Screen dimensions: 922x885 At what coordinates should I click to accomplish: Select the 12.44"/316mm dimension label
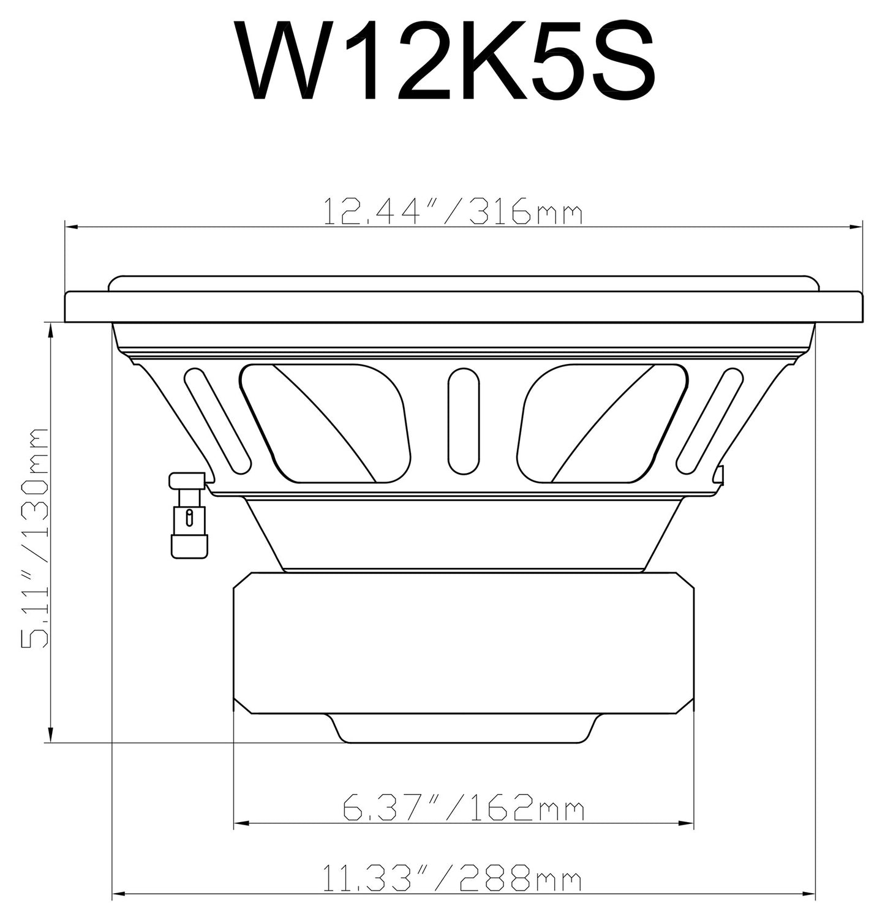[x=452, y=211]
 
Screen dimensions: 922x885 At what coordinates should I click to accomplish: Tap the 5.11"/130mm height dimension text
[x=35, y=539]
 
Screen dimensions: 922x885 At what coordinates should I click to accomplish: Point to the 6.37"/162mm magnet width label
[x=463, y=809]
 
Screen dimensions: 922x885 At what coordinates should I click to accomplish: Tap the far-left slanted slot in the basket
[x=217, y=420]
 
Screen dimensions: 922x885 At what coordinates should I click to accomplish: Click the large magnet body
[x=464, y=643]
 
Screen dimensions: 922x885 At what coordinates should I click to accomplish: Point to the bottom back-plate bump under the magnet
[x=464, y=729]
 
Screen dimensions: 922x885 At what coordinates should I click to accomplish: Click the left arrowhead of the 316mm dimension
[x=71, y=228]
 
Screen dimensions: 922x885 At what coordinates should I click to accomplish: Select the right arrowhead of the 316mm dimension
[x=857, y=228]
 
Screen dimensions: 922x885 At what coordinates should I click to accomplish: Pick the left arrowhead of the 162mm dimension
[x=241, y=822]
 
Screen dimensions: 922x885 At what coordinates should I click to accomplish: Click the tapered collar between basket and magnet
[x=464, y=533]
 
